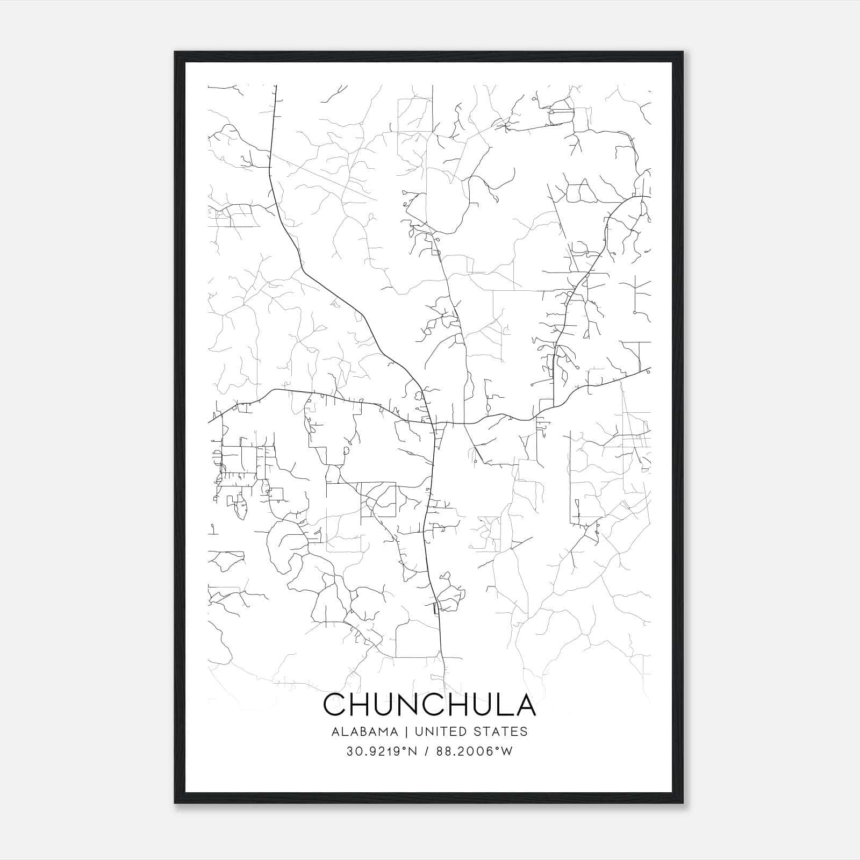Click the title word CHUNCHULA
click(x=429, y=705)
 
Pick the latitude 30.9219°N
click(x=382, y=751)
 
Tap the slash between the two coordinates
click(x=425, y=751)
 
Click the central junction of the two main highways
click(x=433, y=424)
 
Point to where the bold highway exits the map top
click(x=276, y=86)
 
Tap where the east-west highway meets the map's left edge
click(x=209, y=422)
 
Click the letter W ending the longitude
click(x=507, y=751)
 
